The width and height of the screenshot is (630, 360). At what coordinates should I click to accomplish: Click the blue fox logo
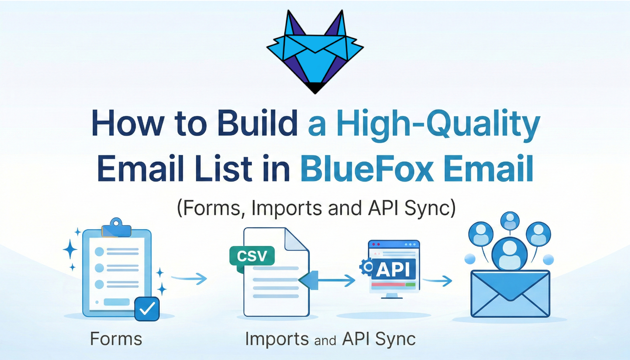point(315,53)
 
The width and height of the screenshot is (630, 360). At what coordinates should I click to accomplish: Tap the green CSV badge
point(252,256)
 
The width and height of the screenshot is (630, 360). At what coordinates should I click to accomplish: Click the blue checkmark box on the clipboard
point(147,309)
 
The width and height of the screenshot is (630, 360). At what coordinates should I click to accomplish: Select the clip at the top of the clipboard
point(116,227)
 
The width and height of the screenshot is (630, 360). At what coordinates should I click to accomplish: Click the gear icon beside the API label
point(367,266)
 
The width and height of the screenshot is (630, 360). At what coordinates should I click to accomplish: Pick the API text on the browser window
point(394,269)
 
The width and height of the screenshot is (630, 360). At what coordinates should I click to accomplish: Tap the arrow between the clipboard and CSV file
point(190,279)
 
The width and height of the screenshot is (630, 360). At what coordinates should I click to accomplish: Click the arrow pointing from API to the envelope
point(438,281)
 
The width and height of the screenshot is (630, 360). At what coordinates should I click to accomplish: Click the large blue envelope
point(510,294)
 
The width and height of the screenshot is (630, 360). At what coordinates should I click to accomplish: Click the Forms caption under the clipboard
point(116,339)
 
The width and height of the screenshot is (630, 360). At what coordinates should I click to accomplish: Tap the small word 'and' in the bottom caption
point(325,340)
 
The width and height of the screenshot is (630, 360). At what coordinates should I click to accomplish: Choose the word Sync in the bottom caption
point(395,339)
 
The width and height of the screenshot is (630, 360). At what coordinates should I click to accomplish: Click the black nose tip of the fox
point(315,88)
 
